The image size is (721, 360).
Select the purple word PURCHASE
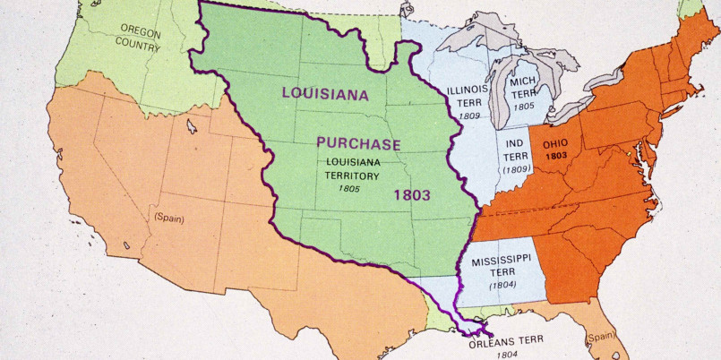(358, 143)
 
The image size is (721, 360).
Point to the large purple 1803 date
(410, 193)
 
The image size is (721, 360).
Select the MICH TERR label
(523, 88)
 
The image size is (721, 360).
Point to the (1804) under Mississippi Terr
(502, 285)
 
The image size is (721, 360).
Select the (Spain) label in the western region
(168, 217)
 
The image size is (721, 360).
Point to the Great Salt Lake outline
(190, 126)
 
